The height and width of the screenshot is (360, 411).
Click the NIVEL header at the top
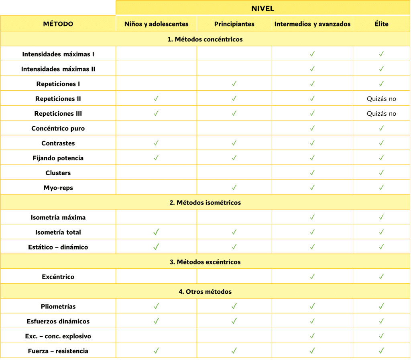263,8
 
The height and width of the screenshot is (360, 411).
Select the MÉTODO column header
58,24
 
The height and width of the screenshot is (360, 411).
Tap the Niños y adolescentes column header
156,24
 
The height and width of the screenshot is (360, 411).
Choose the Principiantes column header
234,24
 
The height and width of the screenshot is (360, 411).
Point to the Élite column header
381,24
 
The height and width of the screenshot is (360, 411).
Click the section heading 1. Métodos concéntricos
205,39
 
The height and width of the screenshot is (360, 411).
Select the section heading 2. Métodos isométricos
205,202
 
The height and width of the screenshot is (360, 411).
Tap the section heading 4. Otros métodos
205,292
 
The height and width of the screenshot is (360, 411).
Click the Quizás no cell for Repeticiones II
381,99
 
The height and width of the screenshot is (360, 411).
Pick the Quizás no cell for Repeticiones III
381,114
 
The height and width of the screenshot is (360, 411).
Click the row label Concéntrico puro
58,129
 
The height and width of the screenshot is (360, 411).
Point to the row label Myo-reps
58,188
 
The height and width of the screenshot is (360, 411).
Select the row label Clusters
58,173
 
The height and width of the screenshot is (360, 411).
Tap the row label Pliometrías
58,307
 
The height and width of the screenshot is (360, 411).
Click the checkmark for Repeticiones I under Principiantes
234,84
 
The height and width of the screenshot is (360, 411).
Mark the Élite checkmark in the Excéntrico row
381,276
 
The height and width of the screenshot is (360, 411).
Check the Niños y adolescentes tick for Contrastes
156,143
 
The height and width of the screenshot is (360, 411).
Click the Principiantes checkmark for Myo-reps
234,187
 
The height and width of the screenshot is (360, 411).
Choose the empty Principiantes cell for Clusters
234,173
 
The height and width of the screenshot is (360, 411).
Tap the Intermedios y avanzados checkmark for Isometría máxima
312,217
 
